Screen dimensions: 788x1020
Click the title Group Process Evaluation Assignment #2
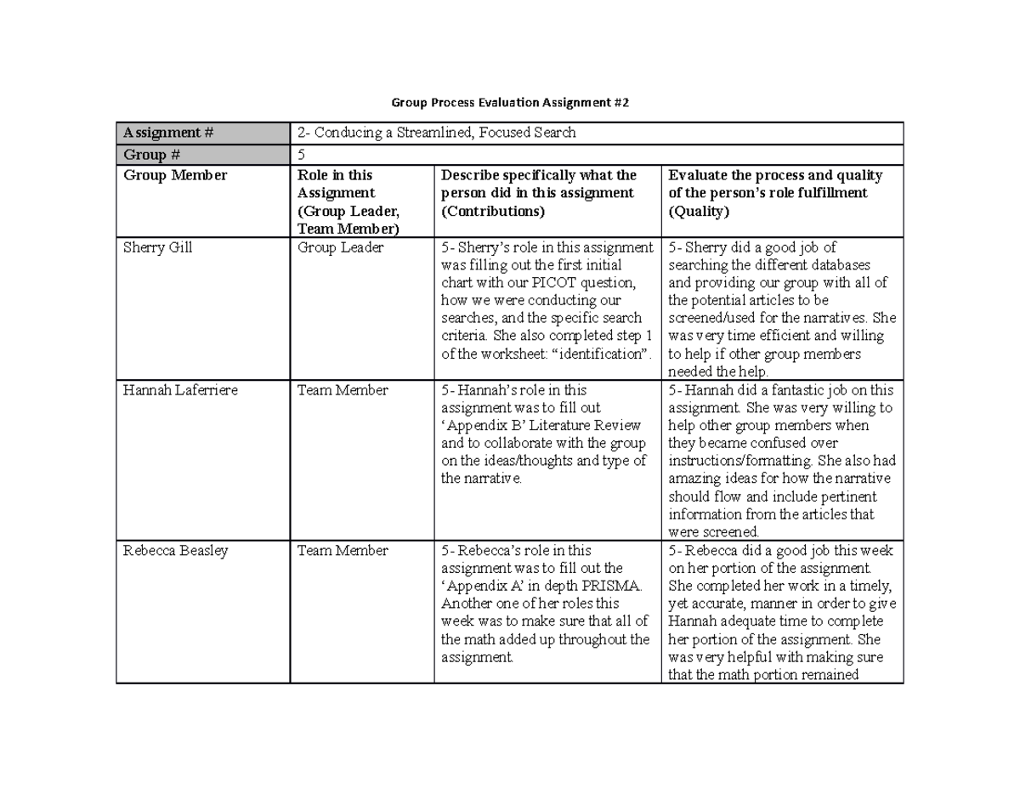click(x=510, y=103)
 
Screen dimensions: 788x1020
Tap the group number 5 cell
click(x=300, y=155)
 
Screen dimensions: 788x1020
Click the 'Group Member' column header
click(x=175, y=176)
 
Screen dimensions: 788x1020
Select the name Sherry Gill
click(x=157, y=247)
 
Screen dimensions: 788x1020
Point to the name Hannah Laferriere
click(x=179, y=390)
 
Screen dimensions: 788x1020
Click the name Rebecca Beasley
click(x=175, y=550)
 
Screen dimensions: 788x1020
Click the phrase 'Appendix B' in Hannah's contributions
click(x=477, y=425)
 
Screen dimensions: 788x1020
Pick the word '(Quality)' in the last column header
click(x=699, y=211)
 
